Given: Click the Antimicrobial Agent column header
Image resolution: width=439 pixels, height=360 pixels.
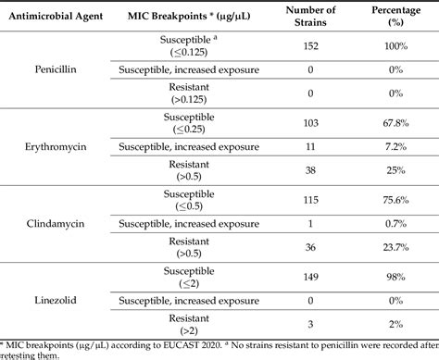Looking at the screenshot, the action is pyautogui.click(x=56, y=16).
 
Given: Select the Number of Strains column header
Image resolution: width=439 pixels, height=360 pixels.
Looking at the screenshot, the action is pyautogui.click(x=310, y=16).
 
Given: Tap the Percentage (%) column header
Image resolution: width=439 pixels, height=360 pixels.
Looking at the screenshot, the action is pyautogui.click(x=396, y=16).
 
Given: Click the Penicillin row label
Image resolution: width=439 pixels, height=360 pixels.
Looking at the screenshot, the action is pyautogui.click(x=56, y=69).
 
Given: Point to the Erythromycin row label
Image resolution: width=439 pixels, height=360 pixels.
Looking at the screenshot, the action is pyautogui.click(x=56, y=146).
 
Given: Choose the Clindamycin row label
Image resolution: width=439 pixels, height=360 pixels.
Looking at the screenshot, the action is pyautogui.click(x=56, y=223).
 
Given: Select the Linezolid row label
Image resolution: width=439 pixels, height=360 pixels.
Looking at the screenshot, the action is pyautogui.click(x=56, y=300).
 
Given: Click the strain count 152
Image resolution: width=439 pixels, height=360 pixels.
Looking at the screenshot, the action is pyautogui.click(x=310, y=46).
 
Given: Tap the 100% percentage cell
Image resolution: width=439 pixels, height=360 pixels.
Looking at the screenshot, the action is pyautogui.click(x=396, y=46).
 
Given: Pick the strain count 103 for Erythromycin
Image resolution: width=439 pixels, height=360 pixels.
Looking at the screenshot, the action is pyautogui.click(x=310, y=123).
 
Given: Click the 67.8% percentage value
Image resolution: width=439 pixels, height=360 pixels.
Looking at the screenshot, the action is pyautogui.click(x=396, y=123).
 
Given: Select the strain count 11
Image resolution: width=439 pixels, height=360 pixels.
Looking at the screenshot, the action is pyautogui.click(x=310, y=146).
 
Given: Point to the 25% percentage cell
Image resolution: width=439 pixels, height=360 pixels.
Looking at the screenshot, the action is pyautogui.click(x=396, y=170).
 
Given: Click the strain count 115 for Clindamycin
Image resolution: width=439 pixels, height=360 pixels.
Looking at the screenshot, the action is pyautogui.click(x=310, y=200).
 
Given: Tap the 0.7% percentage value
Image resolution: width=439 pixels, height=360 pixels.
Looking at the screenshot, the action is pyautogui.click(x=396, y=223).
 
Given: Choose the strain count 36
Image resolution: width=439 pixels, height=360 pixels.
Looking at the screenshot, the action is pyautogui.click(x=310, y=247).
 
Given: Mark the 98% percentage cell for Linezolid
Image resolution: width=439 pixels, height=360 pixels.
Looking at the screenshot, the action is pyautogui.click(x=396, y=277).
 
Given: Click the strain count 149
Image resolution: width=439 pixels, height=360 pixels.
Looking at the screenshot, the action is pyautogui.click(x=310, y=277).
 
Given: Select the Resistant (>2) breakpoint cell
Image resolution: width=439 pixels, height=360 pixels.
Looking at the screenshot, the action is pyautogui.click(x=189, y=324).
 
